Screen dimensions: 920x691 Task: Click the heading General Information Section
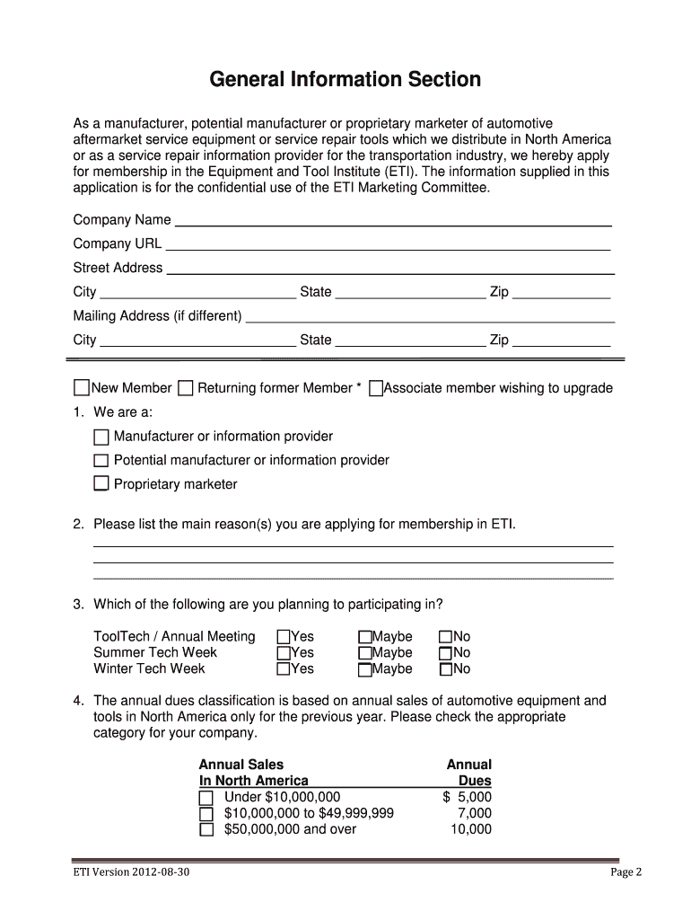(345, 80)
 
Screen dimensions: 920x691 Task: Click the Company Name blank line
(393, 220)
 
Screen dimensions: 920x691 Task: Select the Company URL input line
(388, 243)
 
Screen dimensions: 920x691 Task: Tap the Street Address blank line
(390, 268)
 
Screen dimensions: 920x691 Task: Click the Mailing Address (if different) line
(430, 316)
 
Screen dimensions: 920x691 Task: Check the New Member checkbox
(82, 388)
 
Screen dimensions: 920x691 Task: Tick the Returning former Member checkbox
(186, 388)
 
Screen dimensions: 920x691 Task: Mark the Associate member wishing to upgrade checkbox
(376, 388)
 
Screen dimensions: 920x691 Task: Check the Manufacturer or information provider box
(101, 438)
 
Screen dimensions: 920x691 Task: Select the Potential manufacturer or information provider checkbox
(101, 461)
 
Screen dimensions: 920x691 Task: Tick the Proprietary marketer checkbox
(101, 484)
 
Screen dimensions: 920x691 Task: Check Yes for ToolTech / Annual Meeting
(284, 637)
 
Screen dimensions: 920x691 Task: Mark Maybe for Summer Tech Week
(365, 653)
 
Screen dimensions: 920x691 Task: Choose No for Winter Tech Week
(446, 669)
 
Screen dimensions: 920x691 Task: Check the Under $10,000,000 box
(206, 798)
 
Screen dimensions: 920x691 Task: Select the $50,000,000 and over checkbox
(206, 829)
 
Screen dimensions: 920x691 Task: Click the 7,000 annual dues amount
(474, 813)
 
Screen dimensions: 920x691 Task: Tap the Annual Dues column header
(469, 773)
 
